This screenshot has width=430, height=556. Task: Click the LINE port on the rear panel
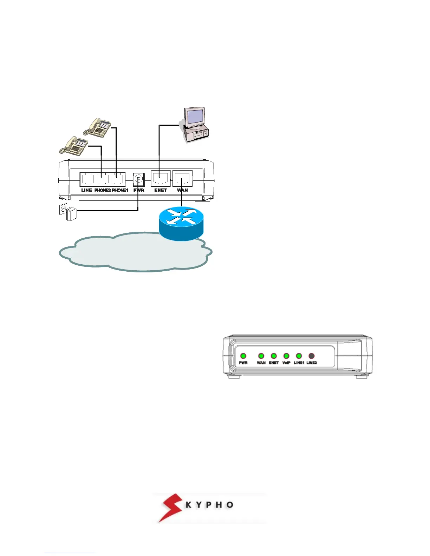click(86, 179)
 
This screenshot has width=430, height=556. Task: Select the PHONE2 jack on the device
click(102, 179)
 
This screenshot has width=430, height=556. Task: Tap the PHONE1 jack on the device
click(118, 179)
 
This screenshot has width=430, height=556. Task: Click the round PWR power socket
click(139, 179)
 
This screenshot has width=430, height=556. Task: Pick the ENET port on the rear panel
click(161, 178)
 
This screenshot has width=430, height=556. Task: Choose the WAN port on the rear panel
click(182, 178)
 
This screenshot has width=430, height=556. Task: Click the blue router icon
click(181, 223)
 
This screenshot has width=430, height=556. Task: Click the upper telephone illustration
click(98, 127)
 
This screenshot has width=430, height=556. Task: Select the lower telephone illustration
click(74, 145)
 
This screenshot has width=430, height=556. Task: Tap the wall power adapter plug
click(71, 213)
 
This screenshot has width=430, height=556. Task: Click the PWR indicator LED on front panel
click(243, 356)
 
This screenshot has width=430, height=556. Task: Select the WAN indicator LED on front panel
click(261, 356)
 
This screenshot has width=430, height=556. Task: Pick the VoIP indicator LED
click(286, 356)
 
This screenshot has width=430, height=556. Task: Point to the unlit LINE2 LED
click(311, 356)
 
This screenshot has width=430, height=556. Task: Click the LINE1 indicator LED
click(299, 356)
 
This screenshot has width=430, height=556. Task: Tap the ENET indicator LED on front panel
click(274, 356)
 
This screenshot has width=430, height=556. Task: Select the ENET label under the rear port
click(161, 190)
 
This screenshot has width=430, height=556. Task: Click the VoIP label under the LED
click(286, 363)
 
